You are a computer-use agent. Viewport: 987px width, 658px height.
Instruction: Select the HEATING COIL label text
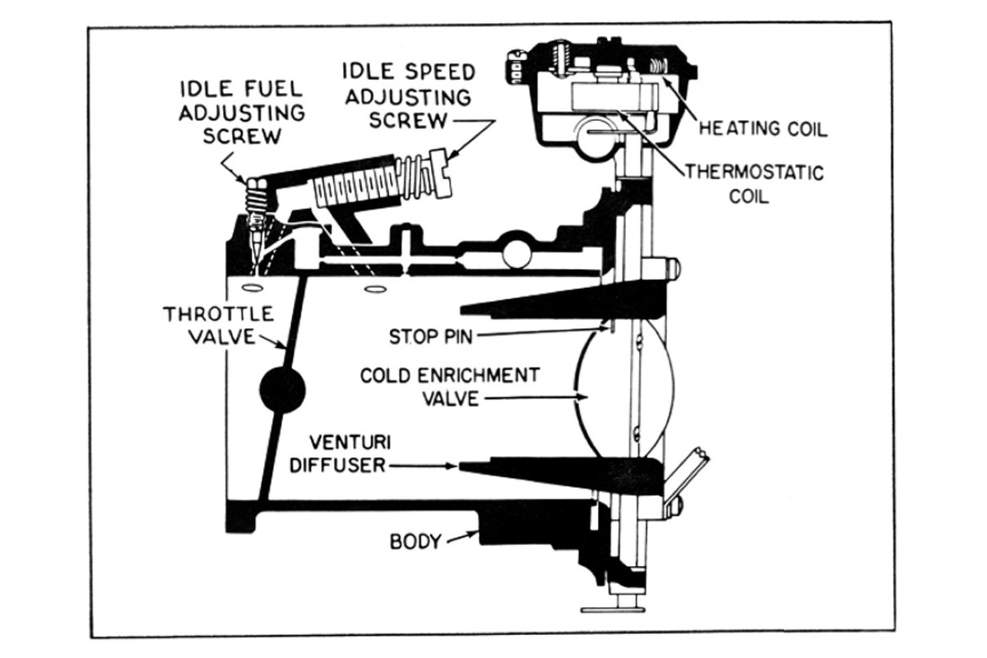(x=762, y=128)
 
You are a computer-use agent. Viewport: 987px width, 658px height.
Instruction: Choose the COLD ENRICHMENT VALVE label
(x=450, y=387)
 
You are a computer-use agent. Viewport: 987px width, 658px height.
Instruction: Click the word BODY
(x=415, y=542)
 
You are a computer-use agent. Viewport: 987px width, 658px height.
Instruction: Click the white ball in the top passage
(x=517, y=254)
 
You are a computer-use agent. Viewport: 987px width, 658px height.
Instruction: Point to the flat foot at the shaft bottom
(x=613, y=609)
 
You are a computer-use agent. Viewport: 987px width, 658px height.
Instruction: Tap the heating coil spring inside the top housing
(x=658, y=65)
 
